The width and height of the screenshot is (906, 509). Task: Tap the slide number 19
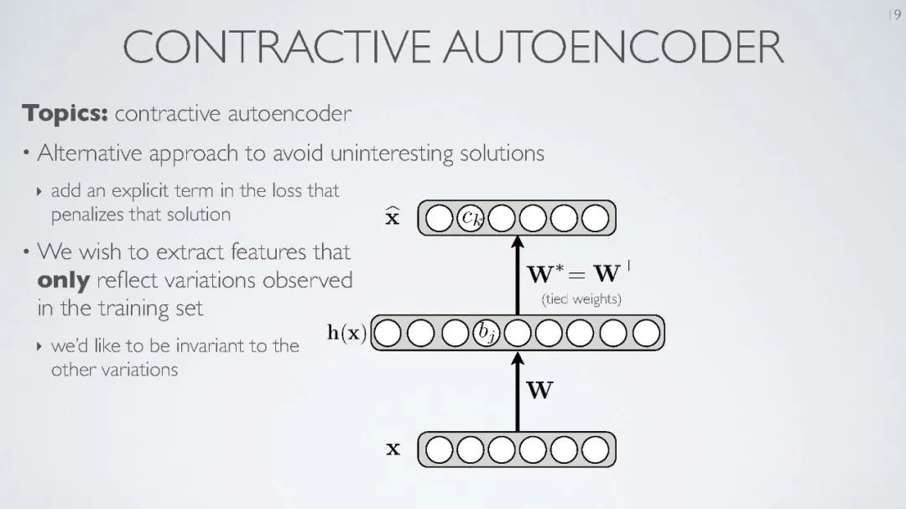click(893, 16)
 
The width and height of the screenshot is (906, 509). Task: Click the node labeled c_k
click(471, 219)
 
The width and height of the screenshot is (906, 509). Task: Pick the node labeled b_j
click(487, 333)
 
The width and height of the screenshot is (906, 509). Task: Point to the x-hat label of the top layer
click(392, 218)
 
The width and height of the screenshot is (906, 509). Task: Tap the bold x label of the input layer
click(393, 449)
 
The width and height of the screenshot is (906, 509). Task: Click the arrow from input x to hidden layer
click(518, 390)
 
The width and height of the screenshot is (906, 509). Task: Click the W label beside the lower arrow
click(539, 390)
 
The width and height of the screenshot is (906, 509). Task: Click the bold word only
click(64, 280)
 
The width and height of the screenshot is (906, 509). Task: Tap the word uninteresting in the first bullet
click(393, 154)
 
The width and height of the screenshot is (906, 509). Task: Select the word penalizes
click(88, 215)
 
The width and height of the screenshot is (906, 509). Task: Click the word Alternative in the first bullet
click(91, 154)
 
